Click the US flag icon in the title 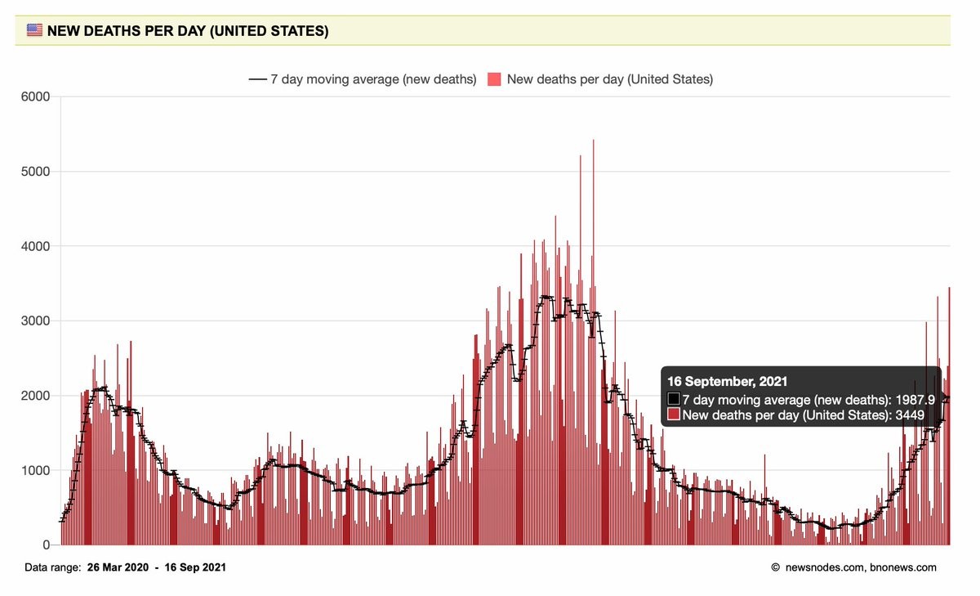point(34,31)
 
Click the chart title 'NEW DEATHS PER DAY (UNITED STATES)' point(188,32)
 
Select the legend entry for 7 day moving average point(363,79)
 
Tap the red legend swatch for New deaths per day point(494,79)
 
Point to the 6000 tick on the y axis point(35,96)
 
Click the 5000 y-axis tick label point(35,172)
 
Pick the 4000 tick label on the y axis point(35,246)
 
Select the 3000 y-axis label point(35,320)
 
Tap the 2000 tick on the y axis point(35,396)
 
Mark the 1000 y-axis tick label point(35,470)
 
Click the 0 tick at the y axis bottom point(46,545)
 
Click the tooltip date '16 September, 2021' point(727,382)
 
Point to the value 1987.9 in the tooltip point(915,399)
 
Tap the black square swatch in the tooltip point(674,399)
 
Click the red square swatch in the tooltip point(674,415)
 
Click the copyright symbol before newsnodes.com point(775,567)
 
